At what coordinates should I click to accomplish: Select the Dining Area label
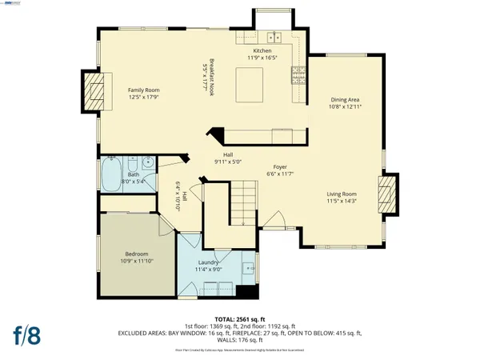point(345,100)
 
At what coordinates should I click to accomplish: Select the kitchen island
point(250,82)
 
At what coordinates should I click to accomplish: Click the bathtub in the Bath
point(110,172)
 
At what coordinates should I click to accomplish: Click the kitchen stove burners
point(300,77)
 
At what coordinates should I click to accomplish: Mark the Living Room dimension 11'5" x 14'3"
point(342,201)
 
